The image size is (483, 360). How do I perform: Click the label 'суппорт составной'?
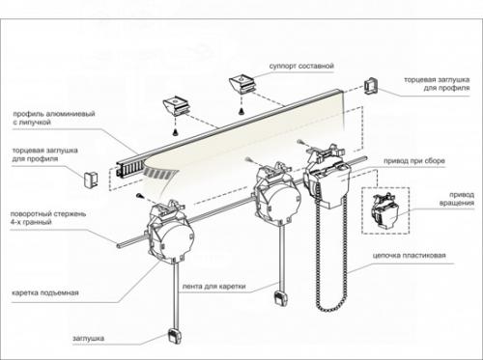tap(301, 66)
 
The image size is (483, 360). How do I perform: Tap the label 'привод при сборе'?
tap(414, 160)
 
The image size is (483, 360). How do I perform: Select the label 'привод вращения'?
tap(457, 199)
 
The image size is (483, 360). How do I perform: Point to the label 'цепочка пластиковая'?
tap(410, 256)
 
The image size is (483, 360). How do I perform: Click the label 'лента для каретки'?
tap(213, 286)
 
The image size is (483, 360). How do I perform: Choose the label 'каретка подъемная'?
tap(45, 292)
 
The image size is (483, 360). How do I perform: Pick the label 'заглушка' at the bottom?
tap(88, 338)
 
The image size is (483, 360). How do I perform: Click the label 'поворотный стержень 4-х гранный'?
tap(48, 218)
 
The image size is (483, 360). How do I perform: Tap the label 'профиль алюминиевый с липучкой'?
tap(54, 118)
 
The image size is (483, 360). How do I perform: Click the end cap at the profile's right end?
tap(371, 86)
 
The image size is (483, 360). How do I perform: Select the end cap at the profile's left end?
tap(91, 180)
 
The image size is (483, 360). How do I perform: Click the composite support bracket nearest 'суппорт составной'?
tap(243, 84)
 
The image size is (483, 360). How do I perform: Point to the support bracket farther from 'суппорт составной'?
tap(177, 105)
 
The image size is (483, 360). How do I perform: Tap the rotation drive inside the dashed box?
tap(385, 211)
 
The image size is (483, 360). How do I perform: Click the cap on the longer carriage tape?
tap(175, 337)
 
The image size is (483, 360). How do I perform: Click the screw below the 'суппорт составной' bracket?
tap(241, 111)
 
